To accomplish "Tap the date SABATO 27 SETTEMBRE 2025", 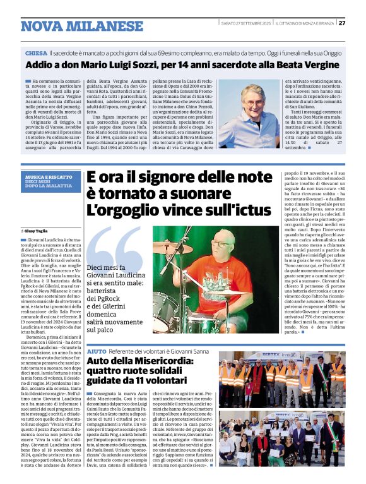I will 246,23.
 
